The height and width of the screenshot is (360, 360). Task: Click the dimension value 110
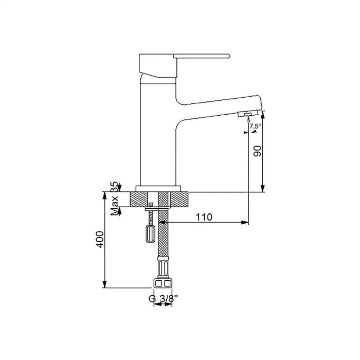[204, 217]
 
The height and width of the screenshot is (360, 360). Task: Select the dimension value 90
[258, 151]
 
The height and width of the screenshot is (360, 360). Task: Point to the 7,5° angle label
[255, 126]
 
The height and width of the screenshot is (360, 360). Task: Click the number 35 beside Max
[114, 186]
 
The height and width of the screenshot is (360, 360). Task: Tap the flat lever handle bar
[202, 55]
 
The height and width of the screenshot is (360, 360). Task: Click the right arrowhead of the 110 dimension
[245, 223]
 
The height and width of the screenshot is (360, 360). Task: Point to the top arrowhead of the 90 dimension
[263, 114]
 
